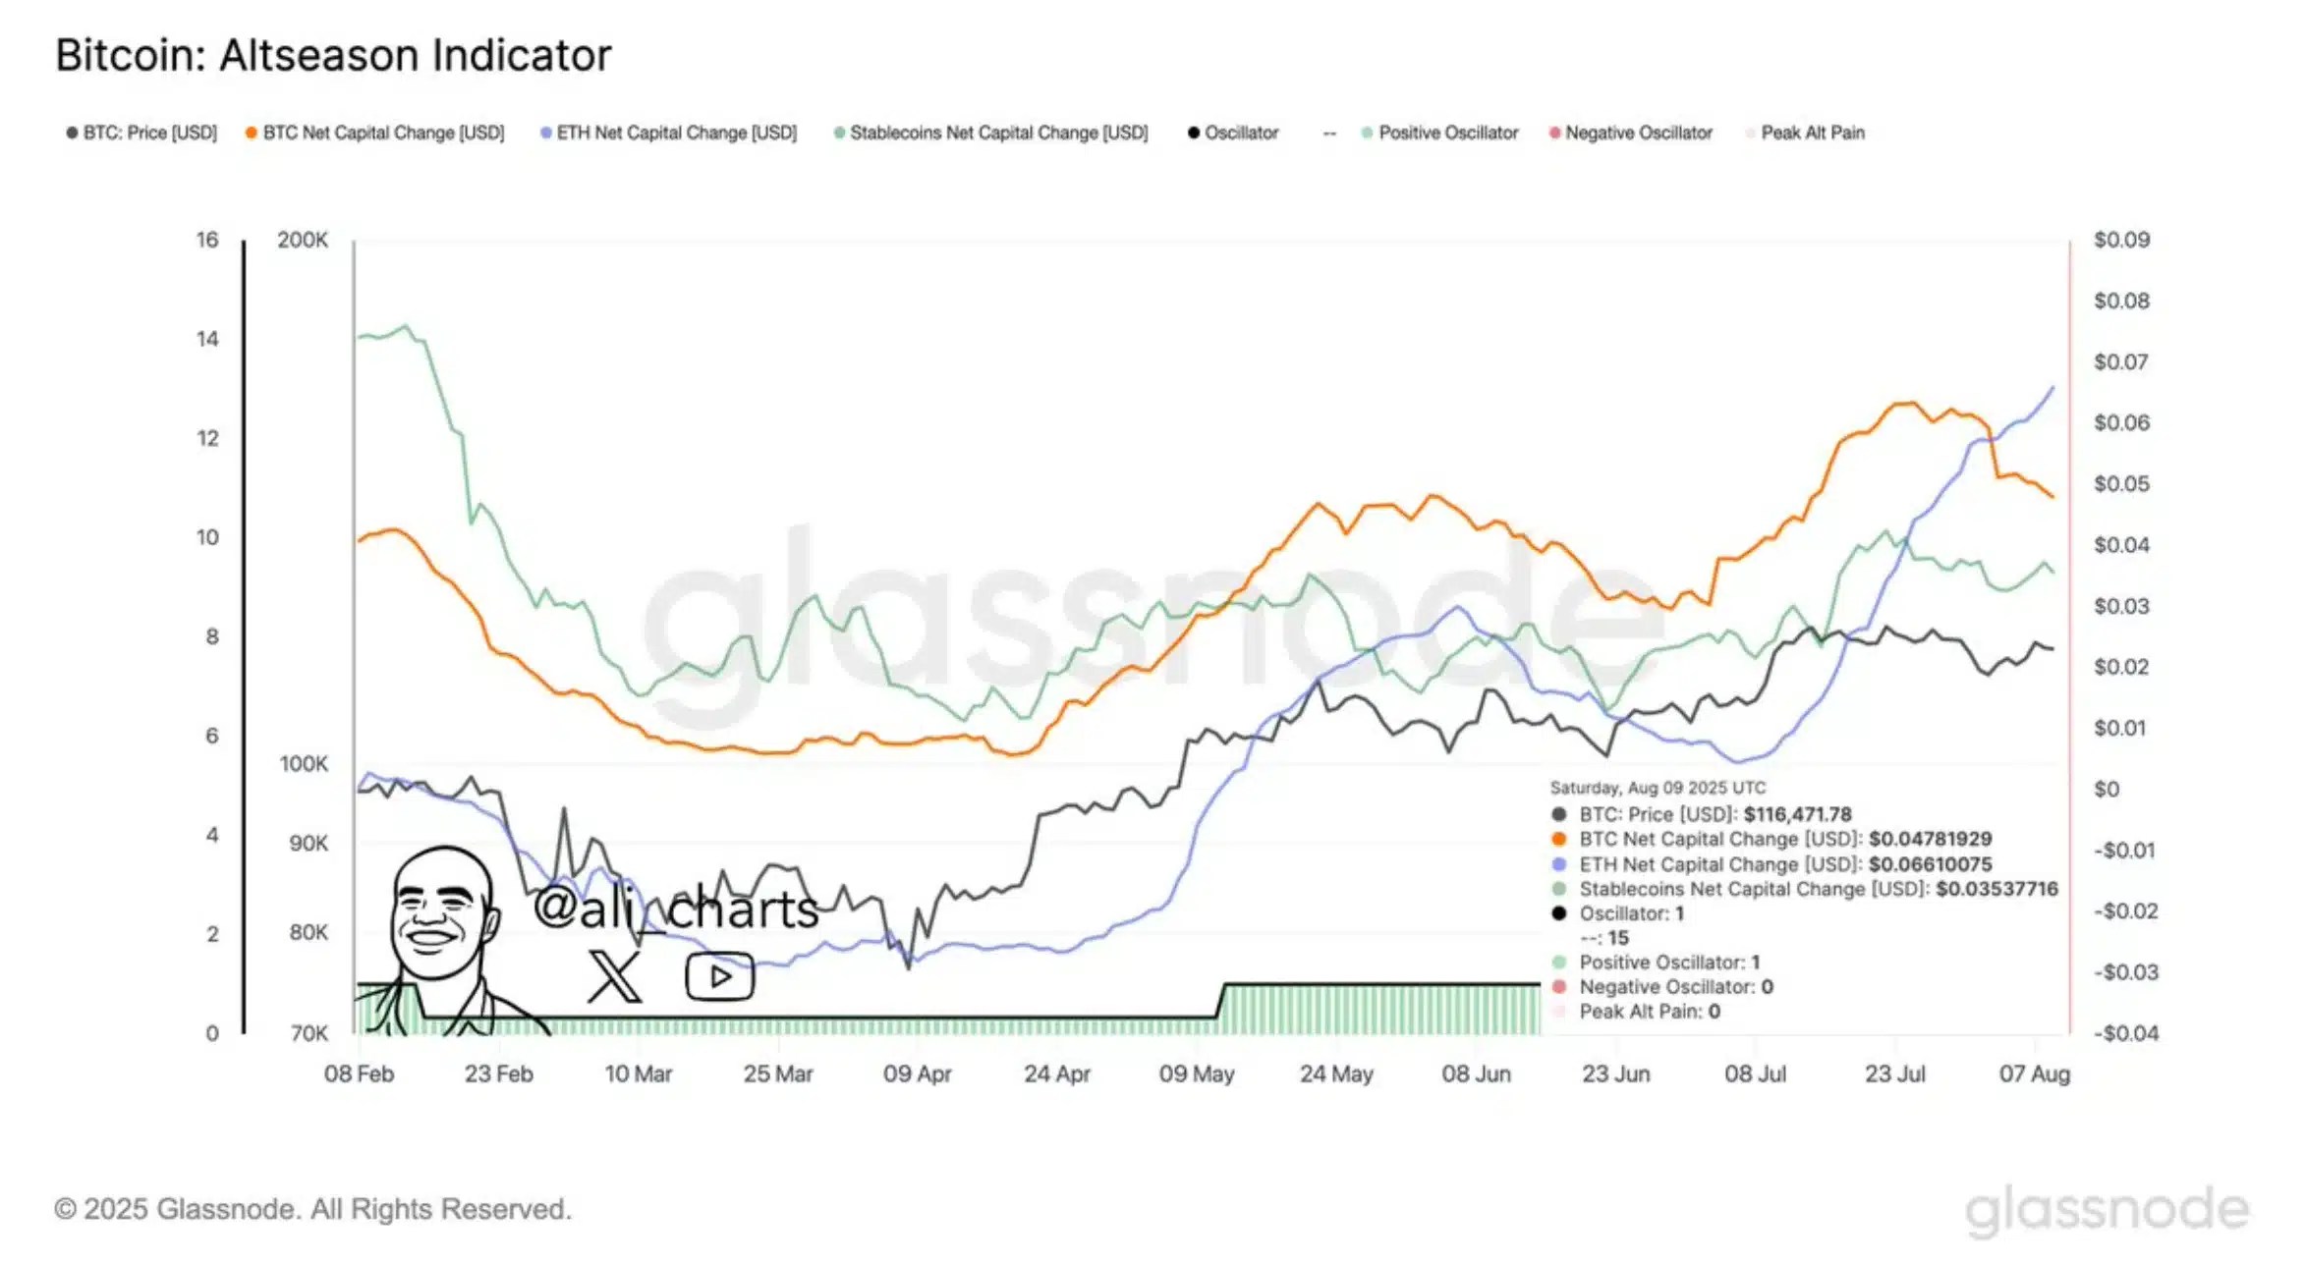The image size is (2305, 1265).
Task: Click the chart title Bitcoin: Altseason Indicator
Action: pyautogui.click(x=333, y=56)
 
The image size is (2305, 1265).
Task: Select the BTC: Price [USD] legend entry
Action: pyautogui.click(x=142, y=133)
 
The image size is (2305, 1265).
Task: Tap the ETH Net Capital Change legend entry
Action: pyautogui.click(x=669, y=133)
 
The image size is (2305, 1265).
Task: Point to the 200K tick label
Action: pyautogui.click(x=303, y=241)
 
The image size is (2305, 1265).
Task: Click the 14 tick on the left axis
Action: pyautogui.click(x=207, y=339)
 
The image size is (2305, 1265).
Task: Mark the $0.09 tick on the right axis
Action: pyautogui.click(x=2121, y=241)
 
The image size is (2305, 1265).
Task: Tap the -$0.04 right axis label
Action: pyautogui.click(x=2125, y=1033)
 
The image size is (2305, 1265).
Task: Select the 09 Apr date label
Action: pyautogui.click(x=917, y=1074)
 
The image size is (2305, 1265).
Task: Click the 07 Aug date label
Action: pyautogui.click(x=2034, y=1074)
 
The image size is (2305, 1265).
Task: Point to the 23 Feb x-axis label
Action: pyautogui.click(x=498, y=1074)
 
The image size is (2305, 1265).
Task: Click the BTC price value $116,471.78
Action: pyautogui.click(x=1797, y=814)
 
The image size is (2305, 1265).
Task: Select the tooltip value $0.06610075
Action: pyautogui.click(x=1930, y=864)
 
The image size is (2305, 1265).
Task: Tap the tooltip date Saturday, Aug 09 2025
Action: pyautogui.click(x=1658, y=788)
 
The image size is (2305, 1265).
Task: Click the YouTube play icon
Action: pyautogui.click(x=719, y=976)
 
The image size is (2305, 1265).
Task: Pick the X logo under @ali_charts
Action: pyautogui.click(x=614, y=976)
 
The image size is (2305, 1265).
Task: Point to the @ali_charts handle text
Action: pyautogui.click(x=676, y=908)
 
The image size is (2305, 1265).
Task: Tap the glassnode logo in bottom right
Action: pyautogui.click(x=2107, y=1210)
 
